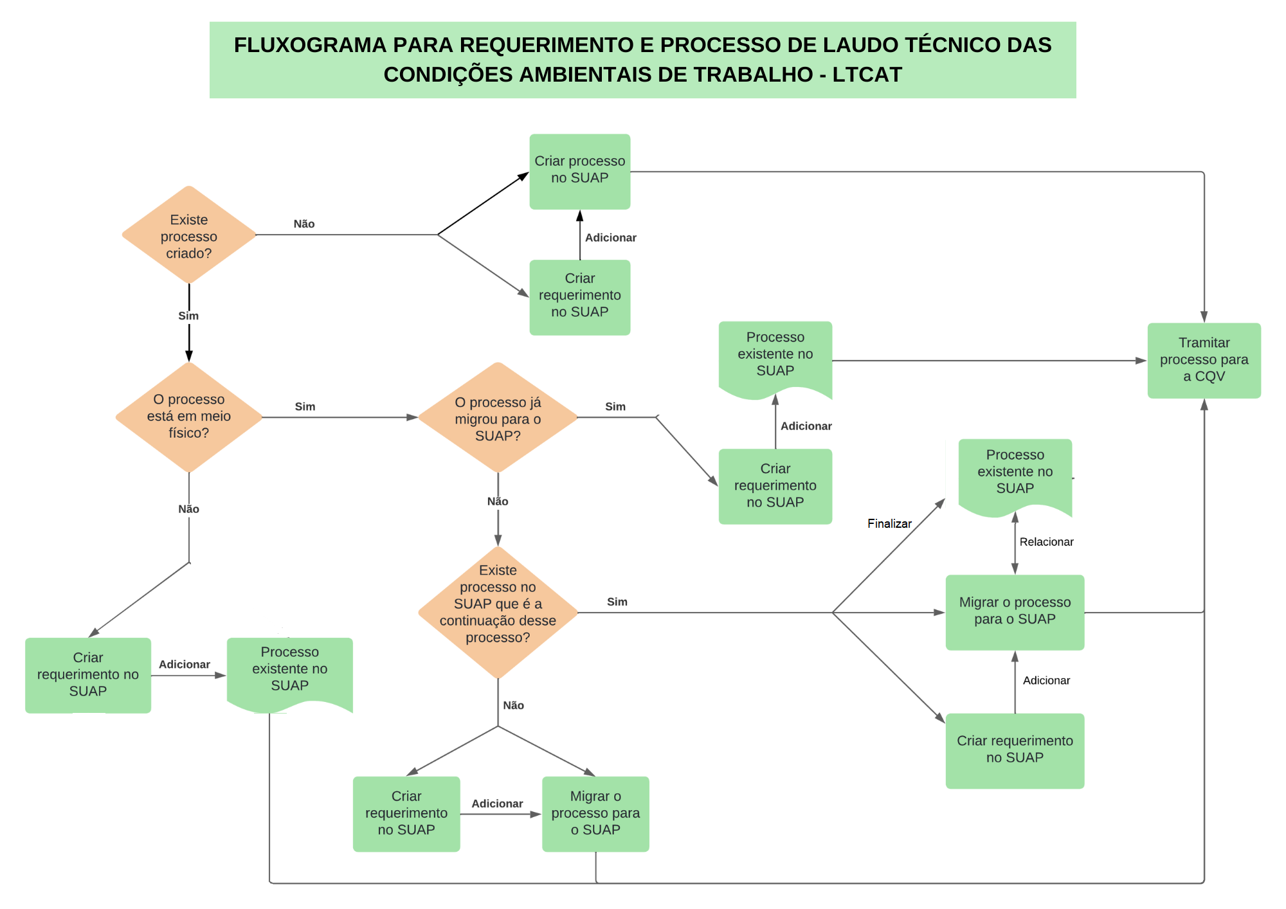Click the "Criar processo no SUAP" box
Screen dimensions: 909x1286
[x=579, y=171]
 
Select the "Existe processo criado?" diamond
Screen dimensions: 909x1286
[x=189, y=235]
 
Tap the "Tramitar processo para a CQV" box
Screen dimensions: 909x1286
[x=1204, y=360]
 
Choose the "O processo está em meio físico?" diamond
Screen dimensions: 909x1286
[x=189, y=417]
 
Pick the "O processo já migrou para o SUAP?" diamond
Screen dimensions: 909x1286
[x=498, y=418]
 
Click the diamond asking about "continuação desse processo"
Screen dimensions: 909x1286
[x=498, y=612]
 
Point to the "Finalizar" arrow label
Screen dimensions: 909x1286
[x=889, y=523]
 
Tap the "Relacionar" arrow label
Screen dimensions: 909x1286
[x=1046, y=542]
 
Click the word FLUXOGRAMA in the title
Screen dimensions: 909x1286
[x=310, y=45]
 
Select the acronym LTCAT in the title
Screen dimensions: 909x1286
[x=867, y=75]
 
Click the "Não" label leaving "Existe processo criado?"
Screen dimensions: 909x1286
[x=304, y=224]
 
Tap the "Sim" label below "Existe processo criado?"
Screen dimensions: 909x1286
[x=188, y=316]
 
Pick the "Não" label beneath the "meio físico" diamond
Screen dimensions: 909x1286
[x=188, y=509]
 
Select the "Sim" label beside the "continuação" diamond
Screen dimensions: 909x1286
[x=617, y=602]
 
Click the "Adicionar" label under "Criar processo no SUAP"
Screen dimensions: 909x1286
[x=610, y=237]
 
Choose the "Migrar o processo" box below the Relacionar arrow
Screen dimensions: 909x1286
[x=1015, y=611]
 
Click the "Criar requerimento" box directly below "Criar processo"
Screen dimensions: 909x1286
[x=579, y=296]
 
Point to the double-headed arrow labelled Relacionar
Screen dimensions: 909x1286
[x=1015, y=544]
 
